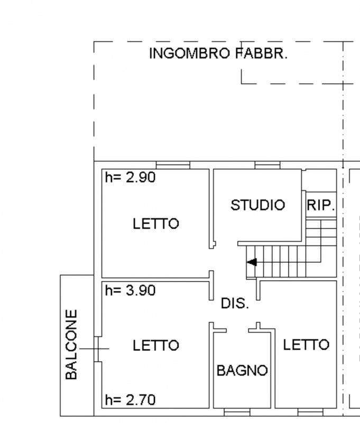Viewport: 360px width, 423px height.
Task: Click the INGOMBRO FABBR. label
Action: click(218, 53)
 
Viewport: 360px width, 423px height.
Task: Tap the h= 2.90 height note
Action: click(130, 177)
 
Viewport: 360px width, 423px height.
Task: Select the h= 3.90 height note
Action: click(130, 290)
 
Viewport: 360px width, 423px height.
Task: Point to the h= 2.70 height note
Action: click(130, 400)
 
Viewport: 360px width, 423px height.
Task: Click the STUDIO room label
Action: click(258, 205)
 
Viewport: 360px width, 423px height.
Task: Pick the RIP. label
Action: click(321, 205)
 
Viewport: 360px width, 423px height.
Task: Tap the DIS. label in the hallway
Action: click(235, 303)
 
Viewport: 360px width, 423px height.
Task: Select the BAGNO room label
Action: click(242, 371)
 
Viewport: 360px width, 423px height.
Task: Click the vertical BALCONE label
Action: click(71, 345)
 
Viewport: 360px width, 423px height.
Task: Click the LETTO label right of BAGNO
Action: click(306, 345)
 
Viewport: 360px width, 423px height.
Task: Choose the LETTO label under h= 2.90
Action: click(156, 224)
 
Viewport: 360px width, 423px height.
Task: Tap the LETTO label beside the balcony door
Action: click(156, 345)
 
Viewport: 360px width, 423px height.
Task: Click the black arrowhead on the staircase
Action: click(252, 262)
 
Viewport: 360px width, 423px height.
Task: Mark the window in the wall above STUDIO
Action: click(267, 165)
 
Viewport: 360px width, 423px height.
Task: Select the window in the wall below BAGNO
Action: click(237, 412)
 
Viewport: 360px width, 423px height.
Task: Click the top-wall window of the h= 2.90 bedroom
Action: click(173, 165)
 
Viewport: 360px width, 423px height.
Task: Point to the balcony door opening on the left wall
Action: click(98, 349)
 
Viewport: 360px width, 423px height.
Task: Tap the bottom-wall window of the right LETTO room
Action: click(310, 412)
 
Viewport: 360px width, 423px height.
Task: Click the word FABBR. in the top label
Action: click(262, 53)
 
